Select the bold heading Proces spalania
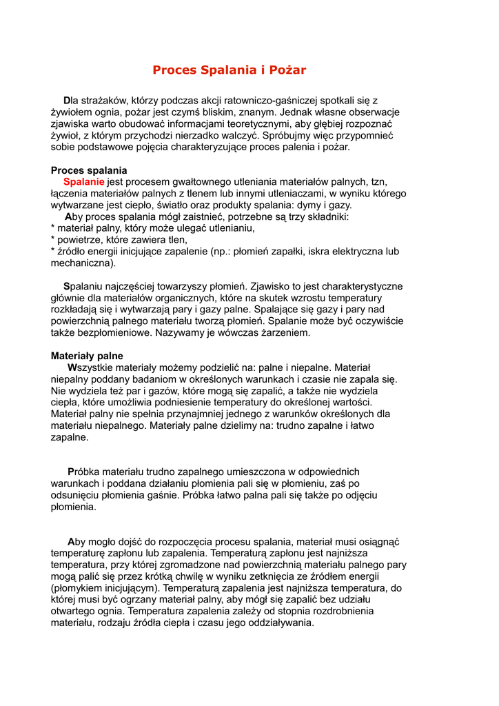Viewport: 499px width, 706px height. click(x=89, y=170)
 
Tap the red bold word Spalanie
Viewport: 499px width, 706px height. click(x=84, y=182)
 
